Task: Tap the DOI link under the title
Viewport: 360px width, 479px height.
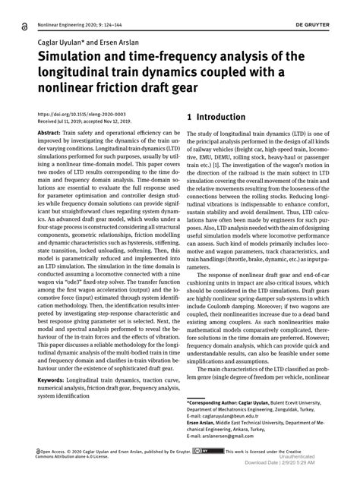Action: pos(75,114)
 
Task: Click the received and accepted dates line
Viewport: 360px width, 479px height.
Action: pos(83,121)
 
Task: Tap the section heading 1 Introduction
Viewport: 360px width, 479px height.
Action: pos(216,118)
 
